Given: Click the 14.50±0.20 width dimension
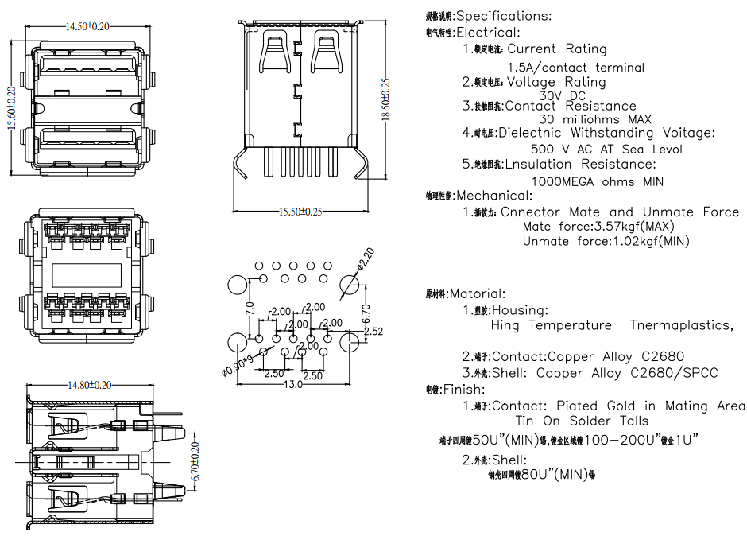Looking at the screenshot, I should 87,27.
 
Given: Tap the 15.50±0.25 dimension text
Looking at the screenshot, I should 300,212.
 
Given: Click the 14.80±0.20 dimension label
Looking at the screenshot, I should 89,386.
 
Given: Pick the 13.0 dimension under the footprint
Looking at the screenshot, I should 293,385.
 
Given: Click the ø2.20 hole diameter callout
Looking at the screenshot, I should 365,258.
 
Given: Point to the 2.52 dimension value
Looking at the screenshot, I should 373,331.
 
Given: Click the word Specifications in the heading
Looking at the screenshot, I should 502,16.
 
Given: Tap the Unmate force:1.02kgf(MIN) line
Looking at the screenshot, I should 606,241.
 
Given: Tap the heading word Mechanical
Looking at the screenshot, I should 486,195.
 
